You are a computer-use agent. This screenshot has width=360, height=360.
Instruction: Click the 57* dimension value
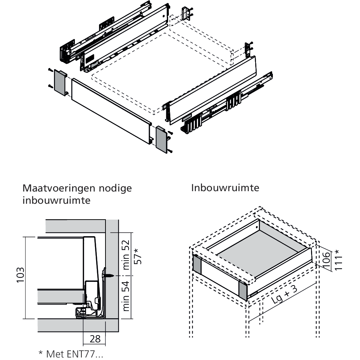coord(138,256)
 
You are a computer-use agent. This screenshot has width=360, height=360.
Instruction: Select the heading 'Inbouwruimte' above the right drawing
coord(225,188)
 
